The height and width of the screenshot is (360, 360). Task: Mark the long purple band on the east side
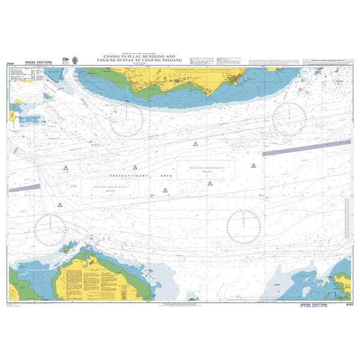click(x=306, y=148)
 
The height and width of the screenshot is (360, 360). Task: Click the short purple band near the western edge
click(x=23, y=189)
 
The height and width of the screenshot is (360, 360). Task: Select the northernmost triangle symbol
click(x=195, y=144)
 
